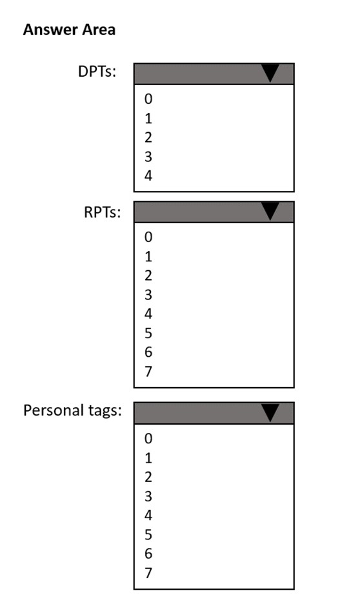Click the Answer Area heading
click(69, 30)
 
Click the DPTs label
click(97, 72)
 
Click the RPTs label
click(102, 212)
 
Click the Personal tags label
click(72, 410)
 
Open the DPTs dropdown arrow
click(270, 73)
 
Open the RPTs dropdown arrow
click(270, 212)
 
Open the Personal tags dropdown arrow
click(270, 413)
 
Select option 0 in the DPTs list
click(148, 99)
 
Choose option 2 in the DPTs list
click(148, 137)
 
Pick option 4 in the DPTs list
click(148, 176)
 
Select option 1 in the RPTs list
click(148, 256)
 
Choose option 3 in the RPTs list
click(148, 295)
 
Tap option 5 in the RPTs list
click(148, 333)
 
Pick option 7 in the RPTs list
click(148, 372)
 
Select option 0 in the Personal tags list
click(148, 439)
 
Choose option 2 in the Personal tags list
click(148, 477)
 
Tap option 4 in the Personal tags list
click(148, 516)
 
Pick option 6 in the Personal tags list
click(148, 554)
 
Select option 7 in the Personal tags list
click(148, 573)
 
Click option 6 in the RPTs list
click(148, 352)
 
